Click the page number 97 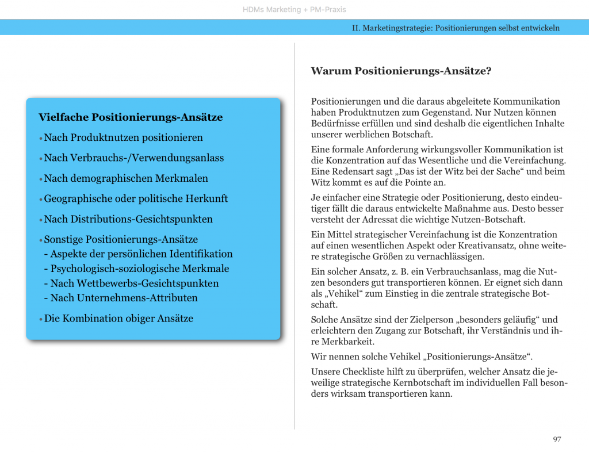[x=557, y=439]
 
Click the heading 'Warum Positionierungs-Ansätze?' [x=401, y=71]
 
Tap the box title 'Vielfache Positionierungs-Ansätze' [x=131, y=117]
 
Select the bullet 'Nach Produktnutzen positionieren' [x=123, y=137]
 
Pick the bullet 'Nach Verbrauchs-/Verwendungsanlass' [x=133, y=158]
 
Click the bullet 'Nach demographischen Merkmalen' [x=126, y=178]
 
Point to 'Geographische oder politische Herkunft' [x=136, y=198]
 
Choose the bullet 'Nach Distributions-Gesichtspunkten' [x=128, y=219]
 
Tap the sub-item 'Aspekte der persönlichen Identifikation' [x=141, y=254]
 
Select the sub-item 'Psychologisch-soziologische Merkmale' [x=140, y=269]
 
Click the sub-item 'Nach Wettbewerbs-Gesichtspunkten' [x=135, y=283]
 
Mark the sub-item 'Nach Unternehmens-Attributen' [x=124, y=298]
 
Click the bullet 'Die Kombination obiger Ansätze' [x=118, y=318]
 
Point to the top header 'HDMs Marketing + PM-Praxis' [x=294, y=10]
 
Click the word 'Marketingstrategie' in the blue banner [x=395, y=28]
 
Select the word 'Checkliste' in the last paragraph [x=365, y=371]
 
